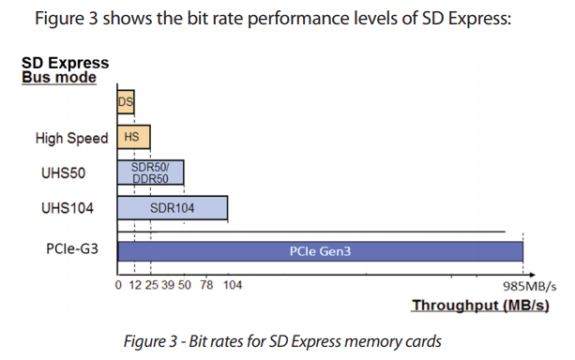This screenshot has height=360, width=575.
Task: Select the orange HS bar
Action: (133, 137)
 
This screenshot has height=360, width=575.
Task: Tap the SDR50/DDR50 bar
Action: (150, 172)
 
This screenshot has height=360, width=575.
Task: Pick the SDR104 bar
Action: (173, 208)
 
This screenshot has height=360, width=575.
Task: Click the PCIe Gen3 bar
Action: (319, 251)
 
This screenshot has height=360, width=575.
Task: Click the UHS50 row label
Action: (67, 173)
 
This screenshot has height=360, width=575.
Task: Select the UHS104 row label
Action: (67, 208)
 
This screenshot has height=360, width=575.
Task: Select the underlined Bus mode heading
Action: (59, 78)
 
